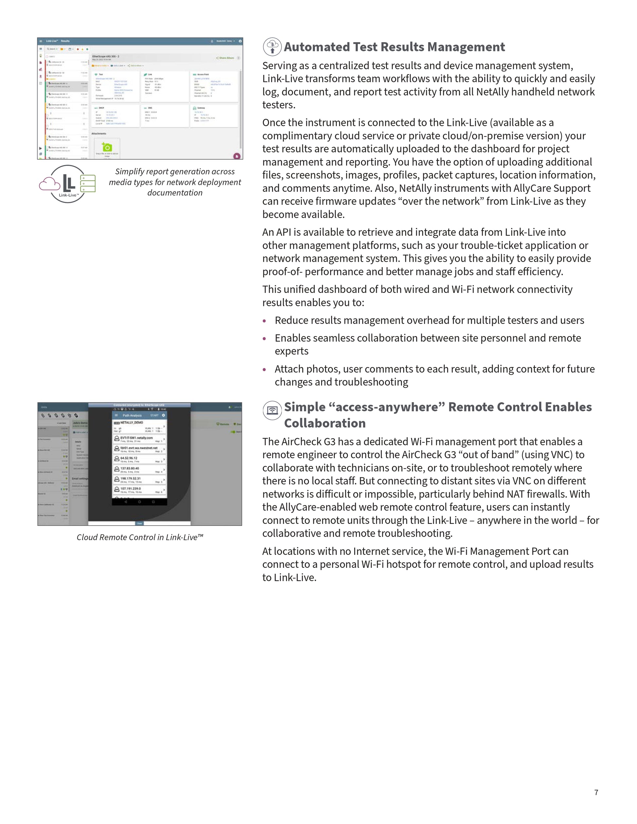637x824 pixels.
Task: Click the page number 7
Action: click(x=596, y=792)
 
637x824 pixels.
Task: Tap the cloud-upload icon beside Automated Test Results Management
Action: click(x=272, y=47)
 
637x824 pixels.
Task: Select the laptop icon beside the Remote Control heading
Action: click(x=272, y=410)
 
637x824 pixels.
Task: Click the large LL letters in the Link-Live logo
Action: click(x=69, y=183)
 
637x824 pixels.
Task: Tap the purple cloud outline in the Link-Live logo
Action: click(x=49, y=184)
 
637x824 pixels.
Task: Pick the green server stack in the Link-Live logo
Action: click(x=87, y=184)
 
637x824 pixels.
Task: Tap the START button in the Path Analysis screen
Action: click(x=155, y=415)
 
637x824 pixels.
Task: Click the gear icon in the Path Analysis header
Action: click(x=163, y=415)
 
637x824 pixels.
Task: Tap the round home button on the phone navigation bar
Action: click(x=139, y=502)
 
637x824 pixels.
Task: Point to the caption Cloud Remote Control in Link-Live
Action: click(x=140, y=537)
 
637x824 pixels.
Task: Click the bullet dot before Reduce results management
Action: click(x=264, y=321)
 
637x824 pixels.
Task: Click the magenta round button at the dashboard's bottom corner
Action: click(x=237, y=156)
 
